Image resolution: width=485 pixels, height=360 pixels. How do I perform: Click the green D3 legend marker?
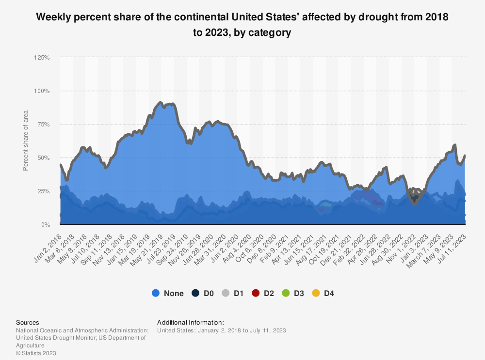click(285, 293)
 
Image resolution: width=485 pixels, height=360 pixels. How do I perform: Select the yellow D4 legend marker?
click(315, 293)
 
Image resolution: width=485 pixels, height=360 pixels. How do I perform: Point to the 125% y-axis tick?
click(42, 57)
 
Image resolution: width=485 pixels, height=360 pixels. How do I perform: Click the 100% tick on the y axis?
click(42, 91)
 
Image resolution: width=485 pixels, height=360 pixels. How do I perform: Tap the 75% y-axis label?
click(43, 124)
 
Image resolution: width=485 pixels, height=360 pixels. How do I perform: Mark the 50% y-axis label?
click(43, 157)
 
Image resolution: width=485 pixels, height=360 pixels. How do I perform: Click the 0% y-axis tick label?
click(45, 225)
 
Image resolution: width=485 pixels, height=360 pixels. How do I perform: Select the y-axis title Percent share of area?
click(25, 141)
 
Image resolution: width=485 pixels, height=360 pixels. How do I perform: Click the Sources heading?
click(28, 322)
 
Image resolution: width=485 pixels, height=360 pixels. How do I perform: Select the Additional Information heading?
click(190, 322)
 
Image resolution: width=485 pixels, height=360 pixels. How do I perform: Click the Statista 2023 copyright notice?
click(36, 353)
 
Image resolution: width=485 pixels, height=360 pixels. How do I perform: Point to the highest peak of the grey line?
click(160, 102)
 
